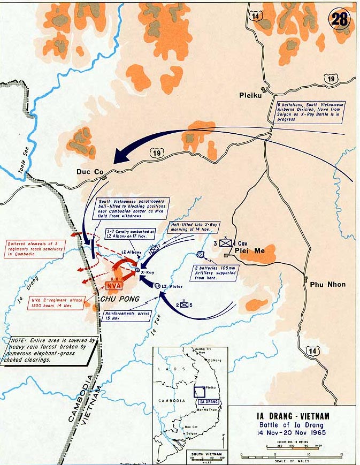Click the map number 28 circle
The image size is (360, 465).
point(340,20)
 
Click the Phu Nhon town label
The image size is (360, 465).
point(328,284)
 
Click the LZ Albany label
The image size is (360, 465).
point(131,251)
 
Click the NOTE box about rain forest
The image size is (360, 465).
point(54,350)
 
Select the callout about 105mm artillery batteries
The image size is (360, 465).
point(217,272)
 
